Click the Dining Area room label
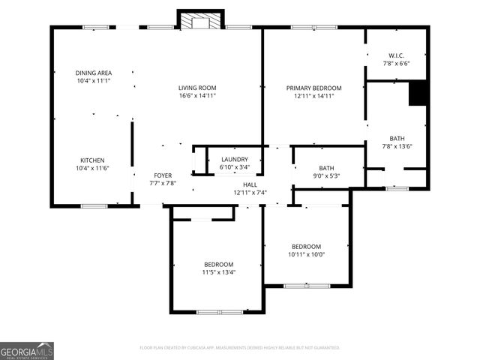tap(93, 73)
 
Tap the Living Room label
tap(197, 88)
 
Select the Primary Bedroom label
tap(313, 88)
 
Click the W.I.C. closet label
tap(396, 56)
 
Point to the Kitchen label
tap(93, 160)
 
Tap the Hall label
tap(250, 184)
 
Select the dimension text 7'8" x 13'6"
tap(396, 147)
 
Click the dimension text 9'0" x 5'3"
tap(326, 176)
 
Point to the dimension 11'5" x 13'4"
tap(218, 272)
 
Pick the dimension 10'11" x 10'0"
tap(306, 254)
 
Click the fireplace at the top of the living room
tap(200, 20)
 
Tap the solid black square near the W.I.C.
tap(418, 93)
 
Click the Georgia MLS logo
tap(27, 351)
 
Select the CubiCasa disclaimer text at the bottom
tap(240, 348)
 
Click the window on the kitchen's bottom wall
tap(94, 205)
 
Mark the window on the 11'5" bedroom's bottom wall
tap(220, 311)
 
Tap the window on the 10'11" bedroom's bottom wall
tap(306, 286)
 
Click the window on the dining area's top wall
tap(95, 28)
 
